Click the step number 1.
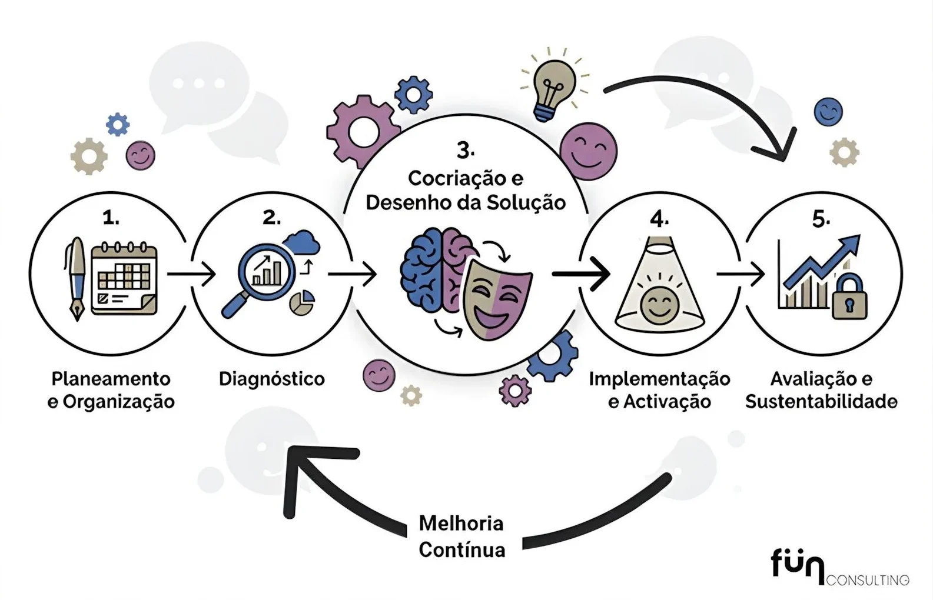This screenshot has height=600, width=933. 110,218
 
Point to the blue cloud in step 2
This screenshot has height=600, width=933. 301,242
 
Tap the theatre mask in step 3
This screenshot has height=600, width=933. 497,300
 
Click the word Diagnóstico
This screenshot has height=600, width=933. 271,378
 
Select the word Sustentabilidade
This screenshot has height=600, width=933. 821,402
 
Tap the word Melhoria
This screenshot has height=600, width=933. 461,523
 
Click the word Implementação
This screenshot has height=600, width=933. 659,378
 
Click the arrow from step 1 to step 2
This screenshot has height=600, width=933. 191,274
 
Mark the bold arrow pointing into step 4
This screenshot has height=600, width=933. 581,274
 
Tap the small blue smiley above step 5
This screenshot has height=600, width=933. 828,111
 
